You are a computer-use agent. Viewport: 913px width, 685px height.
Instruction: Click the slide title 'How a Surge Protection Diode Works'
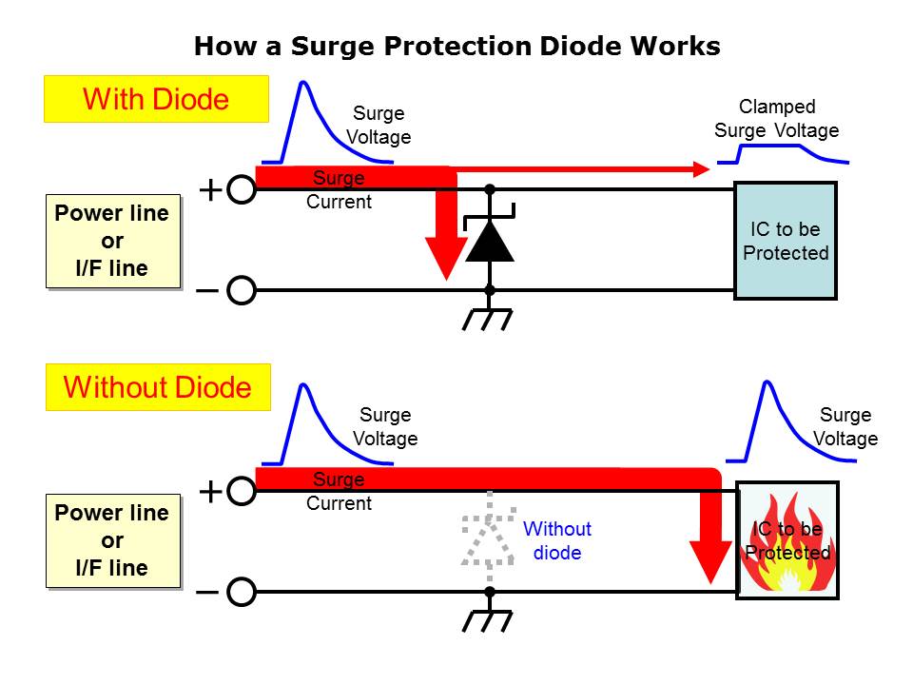tap(456, 46)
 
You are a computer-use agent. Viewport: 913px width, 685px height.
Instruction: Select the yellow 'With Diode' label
tap(156, 99)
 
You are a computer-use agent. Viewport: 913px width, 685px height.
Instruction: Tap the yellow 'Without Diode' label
tap(158, 387)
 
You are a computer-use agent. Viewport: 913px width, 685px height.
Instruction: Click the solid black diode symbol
tap(490, 239)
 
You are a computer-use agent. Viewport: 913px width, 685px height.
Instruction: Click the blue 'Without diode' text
tap(557, 540)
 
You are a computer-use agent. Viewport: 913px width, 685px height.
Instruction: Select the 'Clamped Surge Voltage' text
tap(777, 119)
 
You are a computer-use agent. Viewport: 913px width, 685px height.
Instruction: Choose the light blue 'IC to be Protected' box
tap(786, 241)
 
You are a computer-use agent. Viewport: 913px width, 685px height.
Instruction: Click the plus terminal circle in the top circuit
tap(242, 190)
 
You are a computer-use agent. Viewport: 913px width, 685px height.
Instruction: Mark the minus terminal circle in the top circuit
tap(242, 290)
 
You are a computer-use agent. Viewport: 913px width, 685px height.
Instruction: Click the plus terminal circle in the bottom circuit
tap(242, 491)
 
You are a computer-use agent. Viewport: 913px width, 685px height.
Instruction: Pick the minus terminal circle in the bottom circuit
tap(242, 592)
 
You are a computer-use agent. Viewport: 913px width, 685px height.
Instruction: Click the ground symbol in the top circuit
tap(489, 319)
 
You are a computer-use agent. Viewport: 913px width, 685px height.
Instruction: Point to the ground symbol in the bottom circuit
tap(489, 619)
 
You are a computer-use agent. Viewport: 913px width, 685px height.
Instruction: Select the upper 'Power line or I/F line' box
tap(112, 241)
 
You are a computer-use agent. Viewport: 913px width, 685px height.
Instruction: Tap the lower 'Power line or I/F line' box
tap(112, 540)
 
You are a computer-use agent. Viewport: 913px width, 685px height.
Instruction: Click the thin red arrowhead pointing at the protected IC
tap(702, 169)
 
